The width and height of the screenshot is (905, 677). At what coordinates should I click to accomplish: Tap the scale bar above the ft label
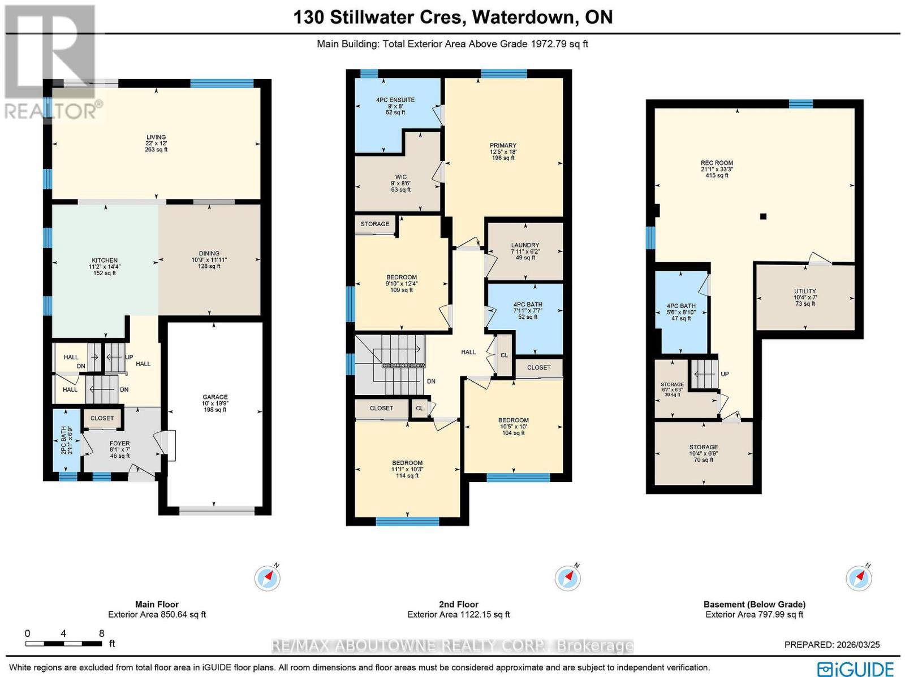tap(64, 644)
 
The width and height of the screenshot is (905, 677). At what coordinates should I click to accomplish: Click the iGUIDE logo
tap(857, 669)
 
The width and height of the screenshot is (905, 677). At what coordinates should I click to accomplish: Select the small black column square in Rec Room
tap(763, 216)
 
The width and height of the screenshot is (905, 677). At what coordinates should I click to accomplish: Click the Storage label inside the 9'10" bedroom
tap(375, 224)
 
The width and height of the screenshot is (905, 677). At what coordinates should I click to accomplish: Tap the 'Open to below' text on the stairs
tap(403, 366)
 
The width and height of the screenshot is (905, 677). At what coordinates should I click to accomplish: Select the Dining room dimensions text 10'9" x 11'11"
tap(209, 260)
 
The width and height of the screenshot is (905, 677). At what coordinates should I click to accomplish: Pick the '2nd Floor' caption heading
tap(458, 604)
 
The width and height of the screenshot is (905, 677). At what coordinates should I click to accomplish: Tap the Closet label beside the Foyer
tap(102, 418)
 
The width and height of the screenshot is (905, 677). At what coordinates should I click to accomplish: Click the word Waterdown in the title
tap(523, 17)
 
